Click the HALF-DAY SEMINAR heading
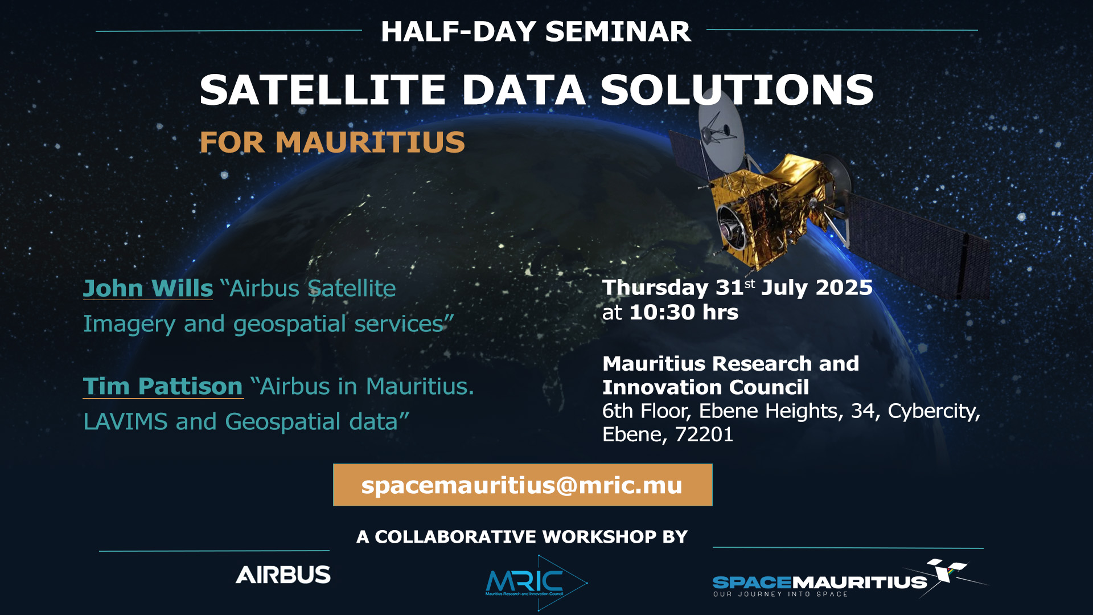click(x=536, y=31)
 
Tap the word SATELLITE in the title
click(x=322, y=90)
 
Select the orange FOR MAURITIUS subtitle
click(x=332, y=142)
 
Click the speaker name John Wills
click(x=148, y=288)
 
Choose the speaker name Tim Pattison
click(x=163, y=386)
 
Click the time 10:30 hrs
click(x=684, y=312)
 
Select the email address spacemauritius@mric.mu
click(x=522, y=485)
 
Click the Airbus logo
click(x=283, y=575)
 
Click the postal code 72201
click(x=704, y=434)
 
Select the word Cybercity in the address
click(x=934, y=411)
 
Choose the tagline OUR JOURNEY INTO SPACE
click(x=780, y=594)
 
